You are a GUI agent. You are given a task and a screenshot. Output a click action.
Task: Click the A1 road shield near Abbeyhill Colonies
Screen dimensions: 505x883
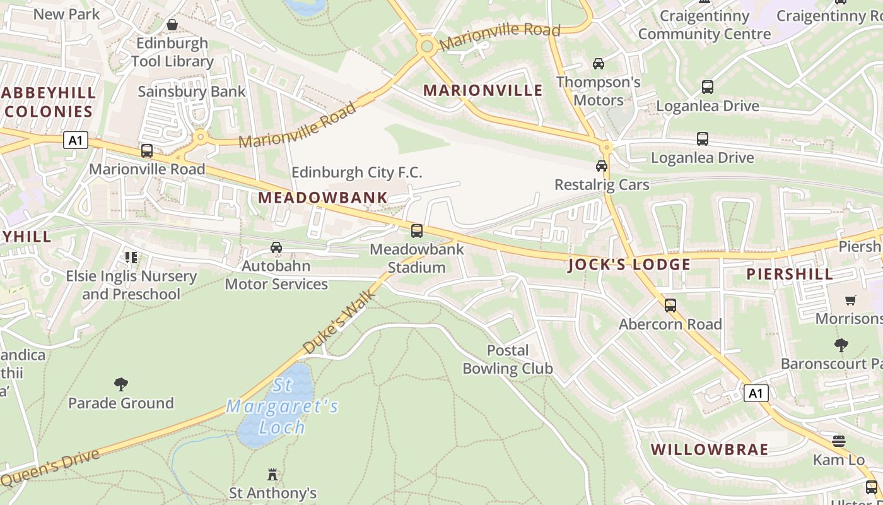coord(75,140)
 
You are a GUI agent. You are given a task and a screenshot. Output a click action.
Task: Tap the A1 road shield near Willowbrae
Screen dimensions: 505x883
coord(756,393)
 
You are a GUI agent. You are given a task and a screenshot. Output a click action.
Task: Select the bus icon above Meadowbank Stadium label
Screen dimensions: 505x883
coord(416,231)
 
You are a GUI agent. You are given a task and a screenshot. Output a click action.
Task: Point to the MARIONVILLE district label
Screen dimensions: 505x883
coord(482,90)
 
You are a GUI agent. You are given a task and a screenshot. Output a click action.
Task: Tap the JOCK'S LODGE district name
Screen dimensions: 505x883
coord(629,264)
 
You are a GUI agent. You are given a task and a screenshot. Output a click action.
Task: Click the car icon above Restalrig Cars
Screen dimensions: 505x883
coord(601,166)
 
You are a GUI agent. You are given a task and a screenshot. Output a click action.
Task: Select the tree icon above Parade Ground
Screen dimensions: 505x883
coord(121,384)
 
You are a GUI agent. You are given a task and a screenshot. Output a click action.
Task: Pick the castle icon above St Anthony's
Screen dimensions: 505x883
coord(272,473)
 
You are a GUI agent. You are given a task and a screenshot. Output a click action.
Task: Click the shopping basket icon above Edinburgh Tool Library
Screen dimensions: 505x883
coord(172,25)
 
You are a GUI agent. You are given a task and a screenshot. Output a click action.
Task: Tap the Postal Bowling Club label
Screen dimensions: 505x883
coord(507,359)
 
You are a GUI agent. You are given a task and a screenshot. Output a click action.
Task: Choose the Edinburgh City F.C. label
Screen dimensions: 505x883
coord(356,172)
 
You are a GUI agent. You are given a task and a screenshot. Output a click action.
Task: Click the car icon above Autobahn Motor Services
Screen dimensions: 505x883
coord(276,247)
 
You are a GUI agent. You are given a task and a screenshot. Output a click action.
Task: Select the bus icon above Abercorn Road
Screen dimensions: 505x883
coord(670,306)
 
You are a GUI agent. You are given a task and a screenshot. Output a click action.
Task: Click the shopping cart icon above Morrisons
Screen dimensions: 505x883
coord(850,300)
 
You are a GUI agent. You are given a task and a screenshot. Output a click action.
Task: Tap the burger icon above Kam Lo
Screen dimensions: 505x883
coord(838,441)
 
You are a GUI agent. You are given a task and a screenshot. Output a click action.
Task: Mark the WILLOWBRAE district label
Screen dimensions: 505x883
coord(710,449)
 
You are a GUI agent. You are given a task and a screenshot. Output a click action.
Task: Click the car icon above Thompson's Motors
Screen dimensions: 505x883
coord(598,64)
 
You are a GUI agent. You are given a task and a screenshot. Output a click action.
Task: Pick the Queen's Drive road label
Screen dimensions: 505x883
coord(50,468)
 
